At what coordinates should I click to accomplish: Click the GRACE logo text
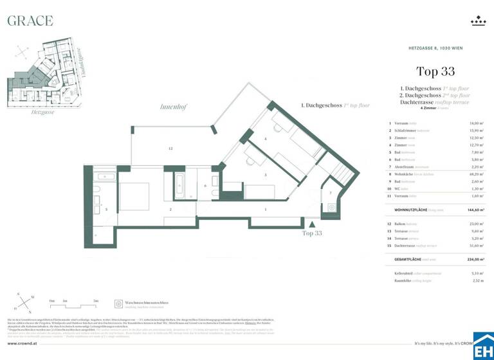coord(30,21)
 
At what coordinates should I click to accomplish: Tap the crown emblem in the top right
coord(478,21)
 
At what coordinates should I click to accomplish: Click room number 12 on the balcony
coord(170,148)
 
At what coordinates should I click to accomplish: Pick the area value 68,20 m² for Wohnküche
coord(476,174)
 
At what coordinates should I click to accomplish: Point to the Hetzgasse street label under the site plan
coord(25,111)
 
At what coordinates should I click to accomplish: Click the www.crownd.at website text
coord(24,344)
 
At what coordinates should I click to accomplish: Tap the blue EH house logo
coord(483,347)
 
